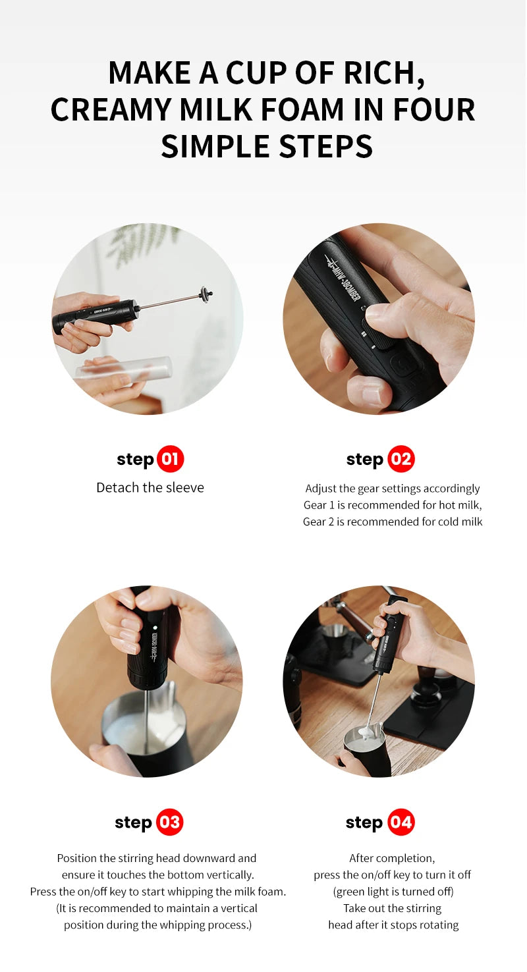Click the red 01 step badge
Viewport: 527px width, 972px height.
[x=170, y=459]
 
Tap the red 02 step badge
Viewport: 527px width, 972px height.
[x=401, y=459]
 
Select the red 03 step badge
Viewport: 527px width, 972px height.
[x=169, y=822]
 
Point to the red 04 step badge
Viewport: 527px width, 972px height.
[x=401, y=822]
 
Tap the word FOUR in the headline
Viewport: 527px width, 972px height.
[x=435, y=109]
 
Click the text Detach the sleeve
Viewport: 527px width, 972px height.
[x=150, y=487]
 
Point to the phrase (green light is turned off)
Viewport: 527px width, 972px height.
[x=393, y=892]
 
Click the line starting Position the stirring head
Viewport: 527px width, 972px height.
[x=157, y=858]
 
